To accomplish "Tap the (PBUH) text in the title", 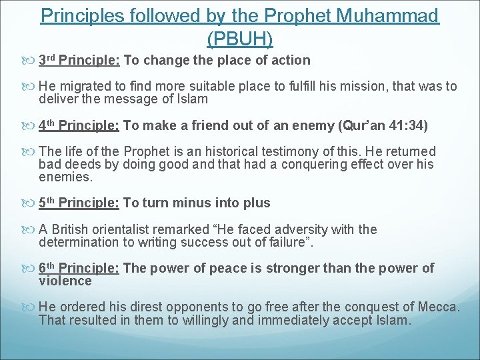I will pyautogui.click(x=240, y=39).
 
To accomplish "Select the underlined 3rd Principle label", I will pyautogui.click(x=79, y=61).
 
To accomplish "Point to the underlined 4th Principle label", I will pyautogui.click(x=79, y=125).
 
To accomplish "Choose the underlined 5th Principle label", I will pyautogui.click(x=79, y=203).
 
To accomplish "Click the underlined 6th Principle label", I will pyautogui.click(x=79, y=268).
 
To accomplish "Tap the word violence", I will pyautogui.click(x=65, y=281).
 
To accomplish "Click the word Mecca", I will pyautogui.click(x=437, y=307).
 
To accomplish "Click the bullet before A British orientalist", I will pyautogui.click(x=31, y=230).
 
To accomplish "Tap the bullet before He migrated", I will pyautogui.click(x=31, y=87).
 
